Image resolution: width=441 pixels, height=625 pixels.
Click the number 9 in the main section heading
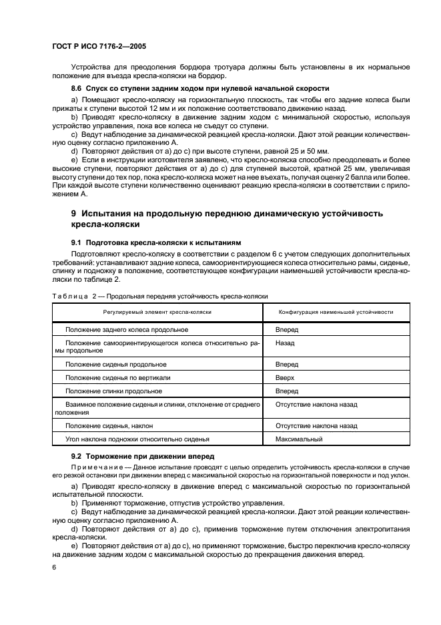point(74,214)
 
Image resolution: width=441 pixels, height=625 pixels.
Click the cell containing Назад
point(285,342)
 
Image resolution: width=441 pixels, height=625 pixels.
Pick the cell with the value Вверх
point(285,377)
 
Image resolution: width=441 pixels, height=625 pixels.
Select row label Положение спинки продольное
point(113,391)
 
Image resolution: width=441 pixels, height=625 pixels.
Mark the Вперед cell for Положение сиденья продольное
point(286,364)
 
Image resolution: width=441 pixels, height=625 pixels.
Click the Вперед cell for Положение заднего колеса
point(286,330)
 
